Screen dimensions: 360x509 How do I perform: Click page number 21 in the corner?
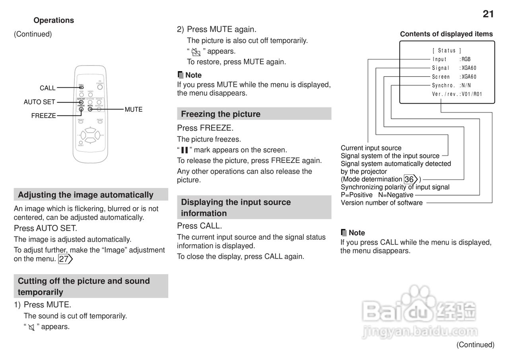coord(488,14)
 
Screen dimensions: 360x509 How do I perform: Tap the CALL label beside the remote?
coord(48,88)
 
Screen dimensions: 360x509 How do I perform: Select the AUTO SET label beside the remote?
coord(39,102)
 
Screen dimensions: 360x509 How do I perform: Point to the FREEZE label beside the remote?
coord(44,116)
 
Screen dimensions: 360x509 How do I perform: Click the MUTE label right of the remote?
coord(134,109)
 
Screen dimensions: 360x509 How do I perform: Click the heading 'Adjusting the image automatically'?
coord(85,195)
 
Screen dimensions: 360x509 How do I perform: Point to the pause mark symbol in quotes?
coord(184,150)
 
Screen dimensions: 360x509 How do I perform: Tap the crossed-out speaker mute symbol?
coord(31,327)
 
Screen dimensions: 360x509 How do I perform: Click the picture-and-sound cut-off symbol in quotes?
coord(195,52)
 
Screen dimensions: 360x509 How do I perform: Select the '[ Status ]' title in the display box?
coord(447,50)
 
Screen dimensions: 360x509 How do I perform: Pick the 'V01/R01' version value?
coord(472,94)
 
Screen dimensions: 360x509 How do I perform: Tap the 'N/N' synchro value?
coord(466,85)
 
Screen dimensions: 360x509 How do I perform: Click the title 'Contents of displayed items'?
coord(446,34)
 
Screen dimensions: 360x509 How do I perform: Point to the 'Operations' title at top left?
coord(54,20)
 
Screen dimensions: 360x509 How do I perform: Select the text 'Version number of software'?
coord(381,203)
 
